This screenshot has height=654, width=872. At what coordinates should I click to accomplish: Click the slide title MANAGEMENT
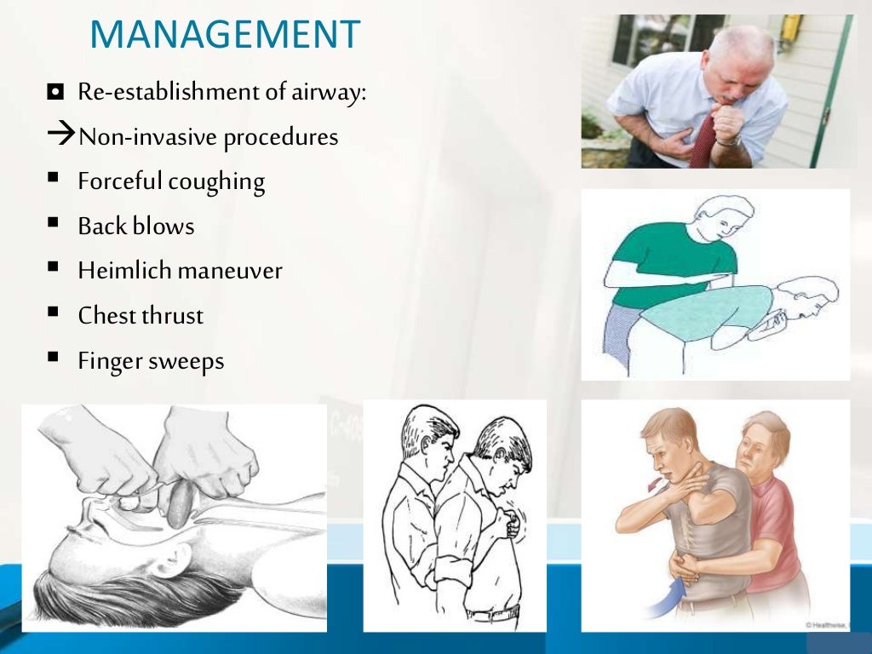pos(225,35)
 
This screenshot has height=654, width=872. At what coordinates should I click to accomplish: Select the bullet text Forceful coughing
pos(171,181)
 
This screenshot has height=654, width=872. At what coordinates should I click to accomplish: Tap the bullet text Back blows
pos(135,227)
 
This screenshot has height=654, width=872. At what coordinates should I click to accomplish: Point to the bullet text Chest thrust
pos(141,316)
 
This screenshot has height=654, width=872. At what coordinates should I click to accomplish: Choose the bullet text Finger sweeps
pos(151,361)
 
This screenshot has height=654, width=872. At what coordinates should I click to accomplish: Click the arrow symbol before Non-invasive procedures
pos(60,136)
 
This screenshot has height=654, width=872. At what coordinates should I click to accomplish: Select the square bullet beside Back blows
pos(54,222)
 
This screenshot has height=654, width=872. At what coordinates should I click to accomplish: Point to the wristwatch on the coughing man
pos(729,139)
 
